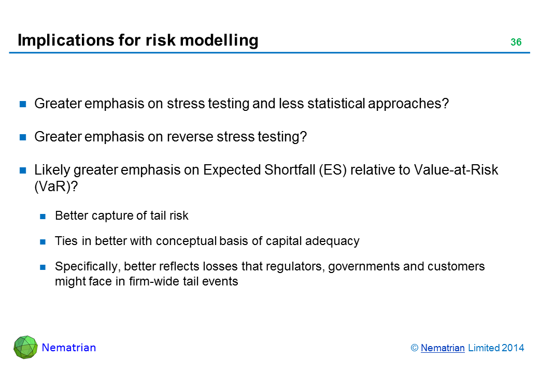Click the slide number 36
[516, 42]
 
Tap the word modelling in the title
[219, 40]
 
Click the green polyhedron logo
[25, 347]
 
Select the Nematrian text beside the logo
[69, 348]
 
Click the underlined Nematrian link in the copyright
[443, 348]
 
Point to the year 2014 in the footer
[513, 348]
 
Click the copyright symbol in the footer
[415, 348]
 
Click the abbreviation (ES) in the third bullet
[333, 170]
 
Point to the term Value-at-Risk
[456, 170]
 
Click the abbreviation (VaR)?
[56, 187]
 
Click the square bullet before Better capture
[43, 217]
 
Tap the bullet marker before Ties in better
[43, 242]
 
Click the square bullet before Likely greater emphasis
[23, 171]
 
